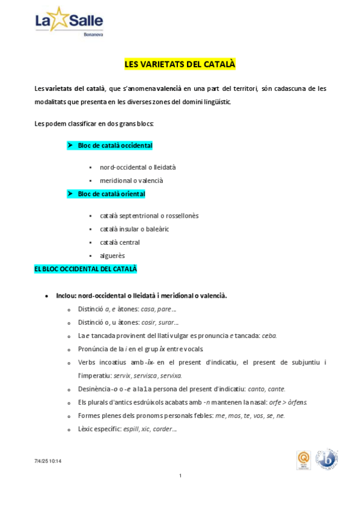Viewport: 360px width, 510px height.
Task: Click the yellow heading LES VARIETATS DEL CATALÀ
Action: click(180, 63)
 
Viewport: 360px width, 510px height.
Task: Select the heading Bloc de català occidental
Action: click(115, 146)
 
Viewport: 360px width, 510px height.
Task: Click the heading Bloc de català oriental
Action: click(111, 194)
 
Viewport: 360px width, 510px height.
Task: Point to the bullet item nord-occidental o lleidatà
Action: click(138, 167)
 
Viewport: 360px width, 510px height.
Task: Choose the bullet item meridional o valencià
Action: click(132, 180)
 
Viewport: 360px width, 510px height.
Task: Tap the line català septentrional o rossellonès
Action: click(149, 215)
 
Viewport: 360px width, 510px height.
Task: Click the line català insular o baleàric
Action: click(135, 229)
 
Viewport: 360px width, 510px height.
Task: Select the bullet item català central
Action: click(120, 242)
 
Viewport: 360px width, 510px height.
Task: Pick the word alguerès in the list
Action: click(112, 256)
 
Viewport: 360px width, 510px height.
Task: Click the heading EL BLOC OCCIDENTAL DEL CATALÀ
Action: click(85, 269)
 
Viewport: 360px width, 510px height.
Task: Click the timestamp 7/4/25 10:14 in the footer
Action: click(48, 461)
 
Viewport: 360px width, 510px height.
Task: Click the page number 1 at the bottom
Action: click(180, 476)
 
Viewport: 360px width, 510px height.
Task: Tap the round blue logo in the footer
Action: click(327, 459)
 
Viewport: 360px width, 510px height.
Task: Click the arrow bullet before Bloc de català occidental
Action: click(70, 146)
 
